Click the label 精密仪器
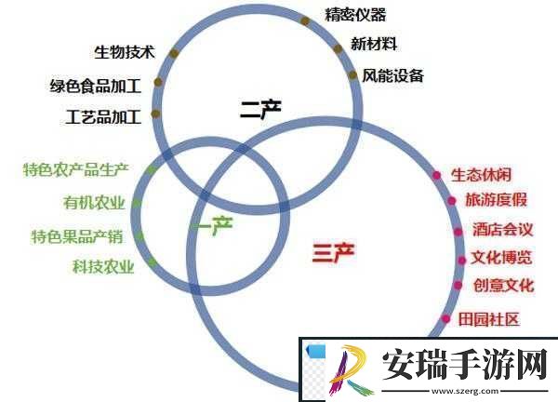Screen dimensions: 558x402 (x=355, y=15)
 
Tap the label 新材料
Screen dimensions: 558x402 (x=374, y=44)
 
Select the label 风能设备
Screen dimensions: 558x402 (x=392, y=75)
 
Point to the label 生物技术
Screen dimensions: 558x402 (x=125, y=52)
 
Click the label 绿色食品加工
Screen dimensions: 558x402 (x=96, y=86)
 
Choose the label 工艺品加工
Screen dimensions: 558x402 (x=103, y=117)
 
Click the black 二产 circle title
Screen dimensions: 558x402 (x=260, y=109)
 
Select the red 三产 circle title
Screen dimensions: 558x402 (x=334, y=252)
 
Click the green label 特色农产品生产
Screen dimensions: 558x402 (x=76, y=169)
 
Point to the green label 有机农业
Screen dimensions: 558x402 (x=94, y=203)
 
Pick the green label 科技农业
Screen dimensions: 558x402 (x=103, y=266)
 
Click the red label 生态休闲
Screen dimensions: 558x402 (x=482, y=175)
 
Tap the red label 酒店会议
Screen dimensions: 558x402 (x=502, y=230)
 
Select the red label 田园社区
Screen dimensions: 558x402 (x=488, y=319)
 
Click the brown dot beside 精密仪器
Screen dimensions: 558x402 (x=305, y=20)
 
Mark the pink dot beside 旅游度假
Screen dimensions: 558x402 (x=452, y=201)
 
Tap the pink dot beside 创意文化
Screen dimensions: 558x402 (x=458, y=285)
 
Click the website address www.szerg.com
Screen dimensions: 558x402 (x=465, y=391)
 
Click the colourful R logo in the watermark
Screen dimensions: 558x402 (x=351, y=370)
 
